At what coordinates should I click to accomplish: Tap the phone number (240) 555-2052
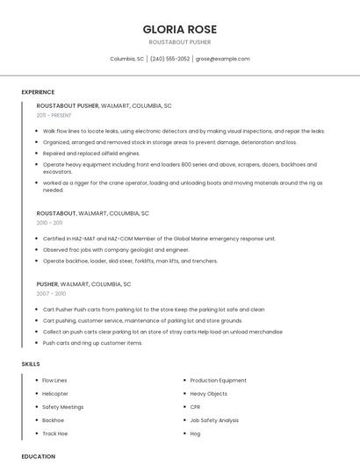[x=170, y=59]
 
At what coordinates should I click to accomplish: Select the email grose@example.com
[x=222, y=59]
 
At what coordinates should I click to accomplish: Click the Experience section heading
[x=38, y=92]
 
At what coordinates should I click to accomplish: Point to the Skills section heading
[x=31, y=363]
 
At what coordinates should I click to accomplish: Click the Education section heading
[x=39, y=456]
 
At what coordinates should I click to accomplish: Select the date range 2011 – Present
[x=54, y=115]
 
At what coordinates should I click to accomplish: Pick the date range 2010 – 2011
[x=49, y=223]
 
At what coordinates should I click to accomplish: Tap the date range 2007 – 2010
[x=51, y=294]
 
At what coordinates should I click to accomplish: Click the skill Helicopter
[x=55, y=394]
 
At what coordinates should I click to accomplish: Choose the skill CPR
[x=196, y=407]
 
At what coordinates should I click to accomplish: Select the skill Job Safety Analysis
[x=214, y=420]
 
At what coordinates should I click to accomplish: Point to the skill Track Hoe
[x=55, y=433]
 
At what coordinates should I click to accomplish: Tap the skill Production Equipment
[x=218, y=381]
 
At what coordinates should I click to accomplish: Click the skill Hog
[x=195, y=433]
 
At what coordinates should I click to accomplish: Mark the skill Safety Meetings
[x=63, y=407]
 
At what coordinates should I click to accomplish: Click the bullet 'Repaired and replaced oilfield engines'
[x=91, y=153]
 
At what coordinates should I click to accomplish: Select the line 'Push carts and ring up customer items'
[x=92, y=343]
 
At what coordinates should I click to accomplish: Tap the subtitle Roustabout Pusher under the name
[x=180, y=41]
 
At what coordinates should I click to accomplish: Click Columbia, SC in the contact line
[x=127, y=59]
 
